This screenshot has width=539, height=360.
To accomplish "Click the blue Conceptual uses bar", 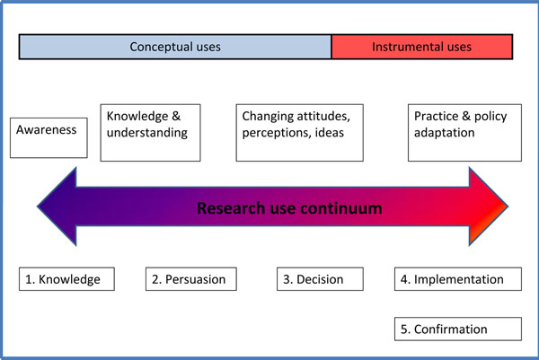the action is pos(175,47).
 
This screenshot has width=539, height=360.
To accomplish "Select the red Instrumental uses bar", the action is pos(422,47).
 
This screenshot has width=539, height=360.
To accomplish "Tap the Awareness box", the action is pos(49,137).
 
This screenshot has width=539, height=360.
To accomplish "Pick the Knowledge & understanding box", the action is pos(151,133).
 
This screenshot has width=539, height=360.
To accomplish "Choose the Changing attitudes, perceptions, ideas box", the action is pos(300,133).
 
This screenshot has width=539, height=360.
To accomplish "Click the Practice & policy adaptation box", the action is pos(464,133).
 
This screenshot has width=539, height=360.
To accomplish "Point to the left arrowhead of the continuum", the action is pos(57,206).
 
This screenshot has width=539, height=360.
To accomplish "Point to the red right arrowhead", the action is pos(489,206).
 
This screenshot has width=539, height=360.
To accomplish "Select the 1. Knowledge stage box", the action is pos(66,279).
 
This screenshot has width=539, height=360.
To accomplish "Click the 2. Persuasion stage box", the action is pos(191,279).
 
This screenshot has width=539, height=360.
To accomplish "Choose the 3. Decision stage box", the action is pos(320,279).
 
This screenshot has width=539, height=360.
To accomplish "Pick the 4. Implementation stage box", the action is pos(458,279).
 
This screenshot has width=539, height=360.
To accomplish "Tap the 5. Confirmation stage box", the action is pos(458,329).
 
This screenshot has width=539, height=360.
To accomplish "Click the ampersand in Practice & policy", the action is pos(466,116).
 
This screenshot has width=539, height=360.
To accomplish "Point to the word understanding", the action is pos(147,133).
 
